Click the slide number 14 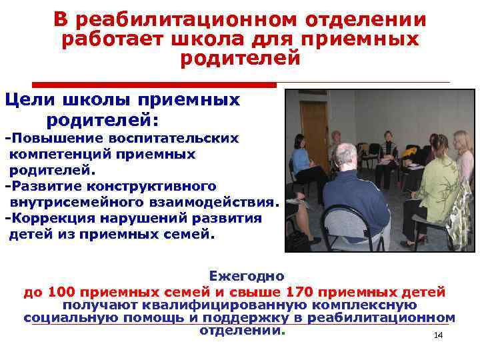(x=438, y=335)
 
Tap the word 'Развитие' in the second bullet (x=39, y=185)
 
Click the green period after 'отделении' (x=283, y=331)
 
